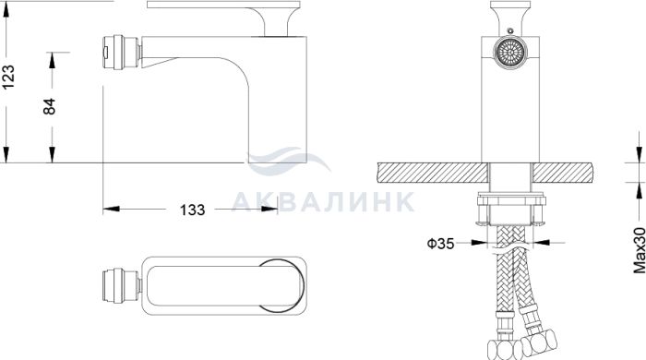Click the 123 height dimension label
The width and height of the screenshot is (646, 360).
tap(8, 77)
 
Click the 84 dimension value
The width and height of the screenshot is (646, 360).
tap(50, 106)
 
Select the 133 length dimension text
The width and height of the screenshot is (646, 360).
tap(192, 210)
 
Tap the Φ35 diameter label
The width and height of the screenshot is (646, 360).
tap(440, 244)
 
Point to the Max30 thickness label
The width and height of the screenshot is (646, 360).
tap(640, 250)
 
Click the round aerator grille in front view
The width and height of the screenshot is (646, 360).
tap(510, 53)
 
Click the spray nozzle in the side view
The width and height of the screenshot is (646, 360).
tap(122, 52)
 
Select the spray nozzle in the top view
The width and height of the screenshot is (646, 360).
tap(122, 286)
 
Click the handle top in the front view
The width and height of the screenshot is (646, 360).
tap(510, 18)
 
